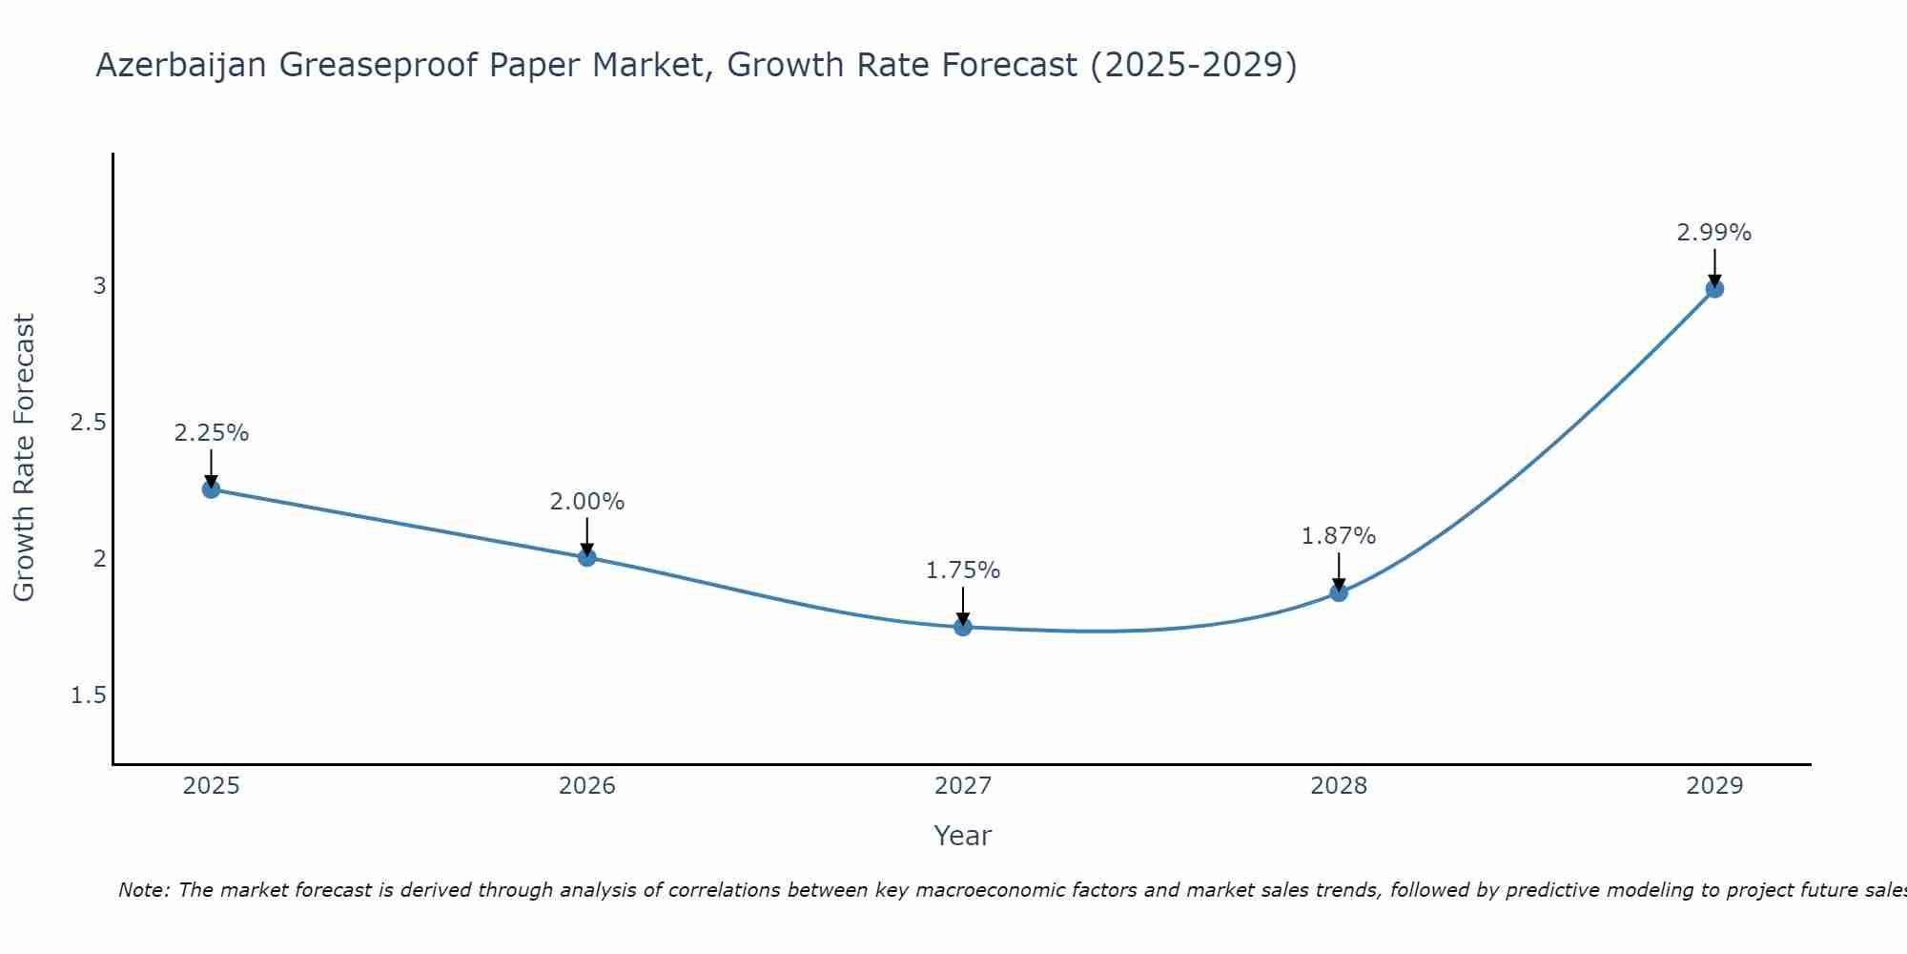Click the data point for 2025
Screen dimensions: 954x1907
pos(212,489)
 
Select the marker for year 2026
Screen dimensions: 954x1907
pos(587,557)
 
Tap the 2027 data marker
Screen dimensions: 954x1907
pos(963,627)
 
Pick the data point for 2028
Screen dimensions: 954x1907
pos(1339,592)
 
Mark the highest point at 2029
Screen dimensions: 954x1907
pos(1714,288)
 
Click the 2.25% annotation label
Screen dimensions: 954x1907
pos(212,433)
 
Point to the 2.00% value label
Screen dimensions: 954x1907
pos(587,502)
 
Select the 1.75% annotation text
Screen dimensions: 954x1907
pos(963,570)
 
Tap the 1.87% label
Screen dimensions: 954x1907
pos(1339,536)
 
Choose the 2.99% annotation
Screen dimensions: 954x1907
pos(1714,233)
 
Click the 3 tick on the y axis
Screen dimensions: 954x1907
pos(99,285)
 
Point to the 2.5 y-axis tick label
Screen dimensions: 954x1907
pos(89,422)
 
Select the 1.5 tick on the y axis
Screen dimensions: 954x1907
pos(89,695)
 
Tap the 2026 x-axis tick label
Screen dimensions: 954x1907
pos(587,786)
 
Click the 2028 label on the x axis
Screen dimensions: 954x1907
pos(1339,786)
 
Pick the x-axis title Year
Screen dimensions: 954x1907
pos(963,836)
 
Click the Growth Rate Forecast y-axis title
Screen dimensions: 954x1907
pos(25,458)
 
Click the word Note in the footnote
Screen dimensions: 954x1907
pos(142,890)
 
